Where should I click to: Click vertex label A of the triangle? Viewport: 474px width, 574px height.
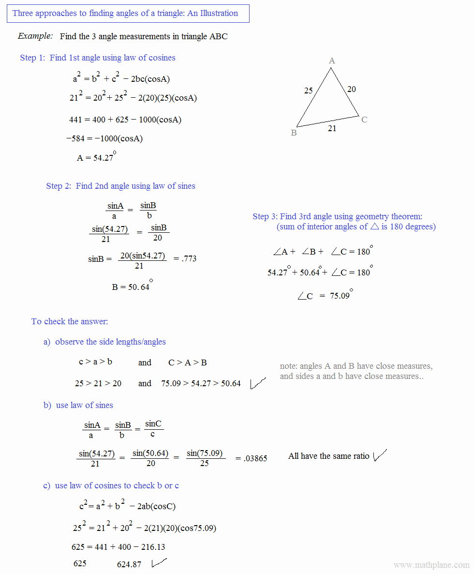point(332,60)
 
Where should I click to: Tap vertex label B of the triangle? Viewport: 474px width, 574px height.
point(294,133)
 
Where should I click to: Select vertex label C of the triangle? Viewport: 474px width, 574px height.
point(364,120)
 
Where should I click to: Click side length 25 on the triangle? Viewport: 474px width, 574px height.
point(309,90)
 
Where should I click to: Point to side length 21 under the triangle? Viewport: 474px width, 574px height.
point(332,128)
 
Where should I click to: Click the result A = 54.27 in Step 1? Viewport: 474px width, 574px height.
point(96,157)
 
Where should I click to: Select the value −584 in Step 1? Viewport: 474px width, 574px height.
point(76,139)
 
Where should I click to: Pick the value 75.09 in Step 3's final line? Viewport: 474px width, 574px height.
point(340,296)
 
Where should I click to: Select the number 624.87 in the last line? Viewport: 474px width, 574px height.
point(129,564)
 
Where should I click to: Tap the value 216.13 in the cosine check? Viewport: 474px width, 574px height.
point(152,547)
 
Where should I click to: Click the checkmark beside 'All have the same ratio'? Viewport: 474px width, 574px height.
point(380,455)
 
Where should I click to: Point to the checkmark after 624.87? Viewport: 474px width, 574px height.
point(159,563)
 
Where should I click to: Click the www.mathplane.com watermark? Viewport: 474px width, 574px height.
point(431,565)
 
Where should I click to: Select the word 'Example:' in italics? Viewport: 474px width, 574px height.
point(35,36)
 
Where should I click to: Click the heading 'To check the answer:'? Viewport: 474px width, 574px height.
point(70,321)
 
